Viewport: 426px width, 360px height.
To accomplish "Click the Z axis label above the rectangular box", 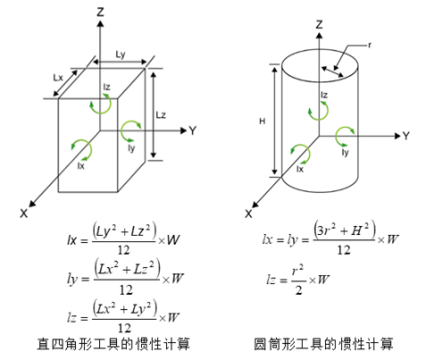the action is tap(101, 12).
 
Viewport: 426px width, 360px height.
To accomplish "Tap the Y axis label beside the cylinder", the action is tap(406, 136).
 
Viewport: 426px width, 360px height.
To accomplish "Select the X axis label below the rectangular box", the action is tap(24, 213).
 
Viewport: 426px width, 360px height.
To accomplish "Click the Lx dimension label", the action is tap(58, 78).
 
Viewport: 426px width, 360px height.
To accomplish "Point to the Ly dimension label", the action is tap(121, 54).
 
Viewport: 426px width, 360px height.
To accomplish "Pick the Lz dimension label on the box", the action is tap(161, 115).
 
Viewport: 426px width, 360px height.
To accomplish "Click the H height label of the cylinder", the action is tap(262, 121).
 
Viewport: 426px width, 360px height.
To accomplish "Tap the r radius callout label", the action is tap(370, 46).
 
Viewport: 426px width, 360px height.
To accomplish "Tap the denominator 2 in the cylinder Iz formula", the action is tap(298, 289).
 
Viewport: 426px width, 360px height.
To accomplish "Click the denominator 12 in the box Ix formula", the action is tap(123, 250).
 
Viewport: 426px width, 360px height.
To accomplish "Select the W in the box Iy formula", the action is tap(177, 279).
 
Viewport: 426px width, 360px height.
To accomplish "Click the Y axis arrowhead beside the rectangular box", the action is tap(184, 130).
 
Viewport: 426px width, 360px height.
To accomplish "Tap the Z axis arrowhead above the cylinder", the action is tap(320, 36).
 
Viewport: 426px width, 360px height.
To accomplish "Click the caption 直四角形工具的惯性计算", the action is tap(113, 344).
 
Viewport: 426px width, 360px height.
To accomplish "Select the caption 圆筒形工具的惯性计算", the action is tap(323, 344).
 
